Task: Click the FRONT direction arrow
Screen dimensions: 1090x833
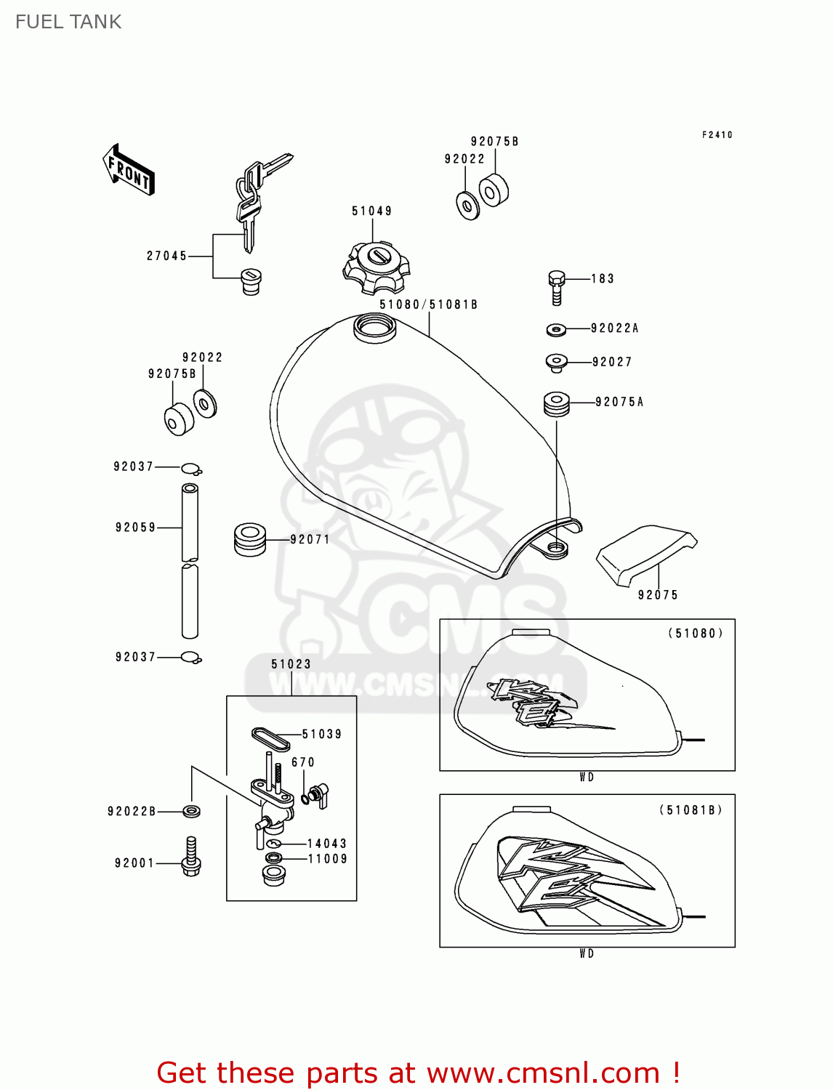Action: coord(129,170)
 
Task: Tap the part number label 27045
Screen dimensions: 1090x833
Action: coord(166,256)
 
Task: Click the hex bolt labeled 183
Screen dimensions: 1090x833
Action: coord(556,287)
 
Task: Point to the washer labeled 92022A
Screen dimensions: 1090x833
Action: coord(556,330)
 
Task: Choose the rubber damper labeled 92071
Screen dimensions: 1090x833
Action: coord(250,539)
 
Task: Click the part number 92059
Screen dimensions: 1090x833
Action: coord(135,528)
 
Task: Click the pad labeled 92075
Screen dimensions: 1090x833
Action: coord(645,554)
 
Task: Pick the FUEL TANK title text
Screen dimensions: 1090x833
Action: coord(68,22)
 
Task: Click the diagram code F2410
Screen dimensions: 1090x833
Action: coord(717,135)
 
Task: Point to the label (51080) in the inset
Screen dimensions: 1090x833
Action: coord(695,634)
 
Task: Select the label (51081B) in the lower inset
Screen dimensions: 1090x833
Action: coord(691,810)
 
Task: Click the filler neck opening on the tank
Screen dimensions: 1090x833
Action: coord(375,325)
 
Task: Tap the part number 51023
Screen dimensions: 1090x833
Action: coord(291,664)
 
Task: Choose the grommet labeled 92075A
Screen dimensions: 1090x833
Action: coord(557,404)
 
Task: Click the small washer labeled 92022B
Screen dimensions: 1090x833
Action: coord(192,811)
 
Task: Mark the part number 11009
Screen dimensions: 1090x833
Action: coord(327,859)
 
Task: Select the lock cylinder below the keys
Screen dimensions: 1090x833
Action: coord(250,281)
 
